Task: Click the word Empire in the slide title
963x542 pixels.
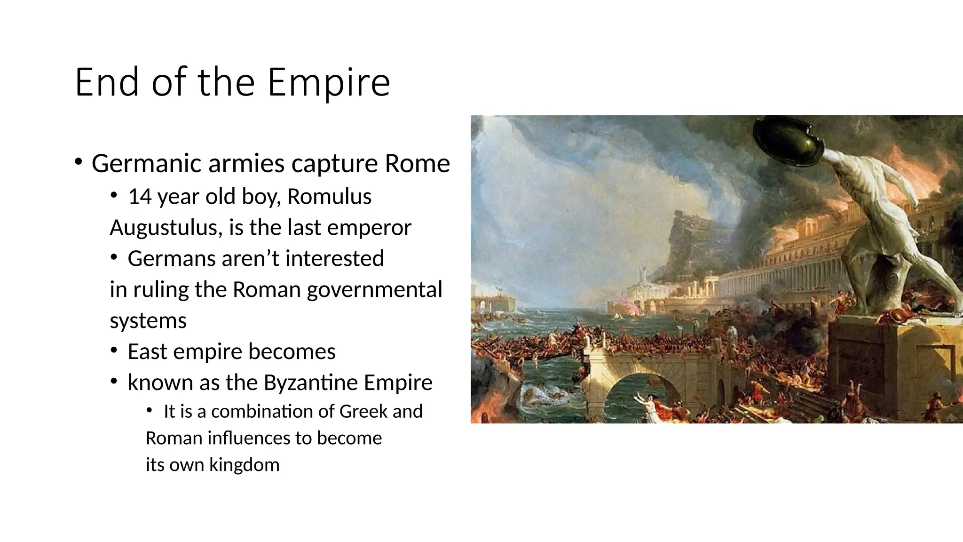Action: [x=329, y=83]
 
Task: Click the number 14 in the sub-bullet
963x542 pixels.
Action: [x=140, y=197]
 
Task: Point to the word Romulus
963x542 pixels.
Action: [x=329, y=197]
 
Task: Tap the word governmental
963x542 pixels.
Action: [x=374, y=290]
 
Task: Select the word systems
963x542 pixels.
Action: [x=148, y=321]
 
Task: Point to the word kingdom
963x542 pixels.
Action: [x=244, y=465]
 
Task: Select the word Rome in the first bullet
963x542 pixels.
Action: [x=417, y=164]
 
